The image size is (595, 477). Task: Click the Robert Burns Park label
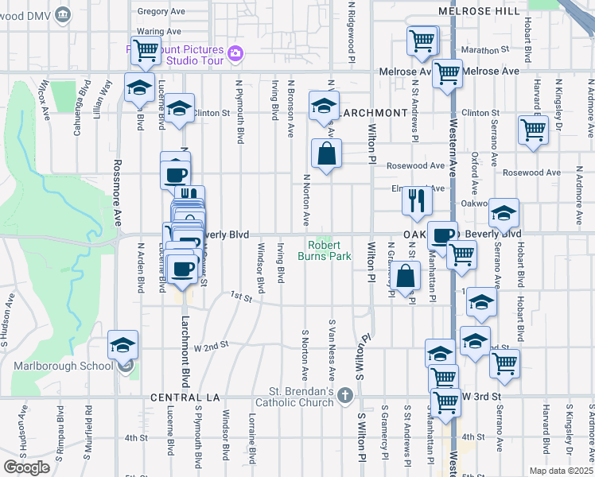pyautogui.click(x=325, y=251)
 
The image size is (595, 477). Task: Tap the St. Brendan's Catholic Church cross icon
pyautogui.click(x=344, y=395)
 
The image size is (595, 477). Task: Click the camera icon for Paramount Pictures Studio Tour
pyautogui.click(x=235, y=53)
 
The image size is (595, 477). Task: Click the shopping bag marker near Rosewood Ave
pyautogui.click(x=326, y=154)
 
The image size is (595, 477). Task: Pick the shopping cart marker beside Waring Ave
pyautogui.click(x=146, y=51)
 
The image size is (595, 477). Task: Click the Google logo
pyautogui.click(x=26, y=467)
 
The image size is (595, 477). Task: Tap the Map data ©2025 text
pyautogui.click(x=562, y=471)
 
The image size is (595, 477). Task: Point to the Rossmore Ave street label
pyautogui.click(x=116, y=189)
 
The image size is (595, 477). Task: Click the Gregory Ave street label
pyautogui.click(x=161, y=12)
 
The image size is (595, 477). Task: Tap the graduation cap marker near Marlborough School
pyautogui.click(x=123, y=345)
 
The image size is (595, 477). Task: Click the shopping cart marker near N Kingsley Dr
pyautogui.click(x=532, y=130)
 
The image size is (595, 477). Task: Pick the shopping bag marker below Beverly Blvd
pyautogui.click(x=406, y=277)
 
